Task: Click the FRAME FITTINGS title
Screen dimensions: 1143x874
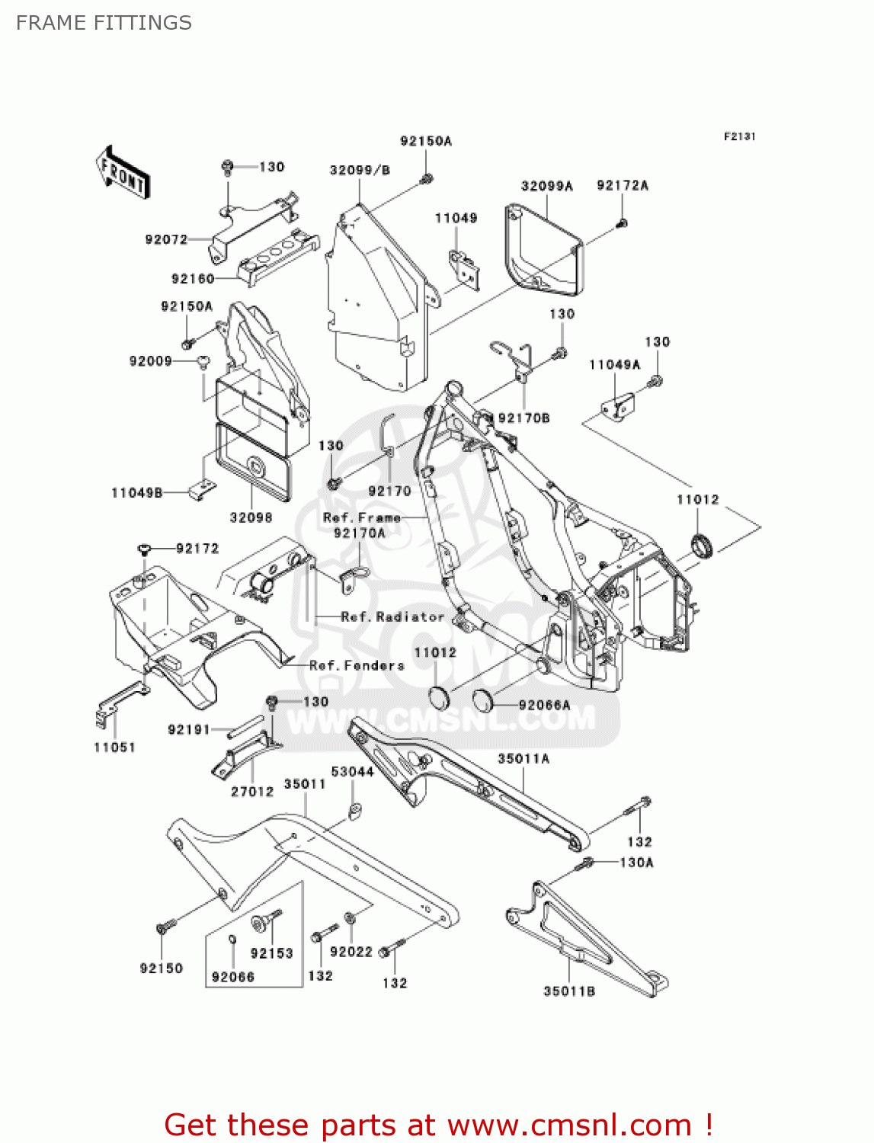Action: point(104,23)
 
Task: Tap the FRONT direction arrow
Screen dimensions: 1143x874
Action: point(122,174)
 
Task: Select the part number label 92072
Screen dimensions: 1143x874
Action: point(166,239)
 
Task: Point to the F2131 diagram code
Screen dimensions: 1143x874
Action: point(739,136)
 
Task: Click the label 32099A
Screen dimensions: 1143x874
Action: point(546,186)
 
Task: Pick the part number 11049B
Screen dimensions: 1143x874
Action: point(137,493)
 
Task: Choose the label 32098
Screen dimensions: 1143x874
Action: point(251,517)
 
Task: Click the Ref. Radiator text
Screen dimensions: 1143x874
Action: point(392,616)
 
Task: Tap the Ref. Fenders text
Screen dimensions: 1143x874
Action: point(357,665)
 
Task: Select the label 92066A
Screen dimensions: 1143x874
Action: point(544,705)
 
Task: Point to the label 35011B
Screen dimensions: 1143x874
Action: point(569,991)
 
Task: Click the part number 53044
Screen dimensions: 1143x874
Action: point(352,771)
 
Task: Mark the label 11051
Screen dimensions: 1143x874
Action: point(114,748)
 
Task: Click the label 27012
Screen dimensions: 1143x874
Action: point(251,792)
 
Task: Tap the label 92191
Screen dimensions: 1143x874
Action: point(188,729)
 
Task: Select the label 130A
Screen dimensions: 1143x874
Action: point(636,863)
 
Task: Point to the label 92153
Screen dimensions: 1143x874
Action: point(271,953)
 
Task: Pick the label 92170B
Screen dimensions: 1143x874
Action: point(523,418)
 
